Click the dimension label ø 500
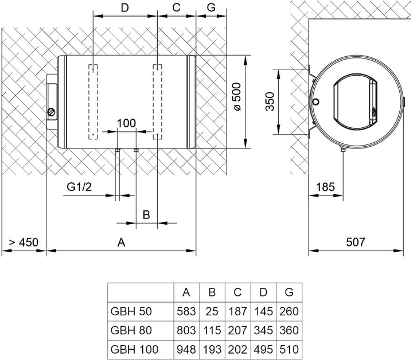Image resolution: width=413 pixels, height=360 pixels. [237, 96]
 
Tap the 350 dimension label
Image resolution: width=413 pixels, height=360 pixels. [270, 101]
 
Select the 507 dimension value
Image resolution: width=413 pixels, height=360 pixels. [355, 242]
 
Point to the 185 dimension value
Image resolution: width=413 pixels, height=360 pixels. [325, 187]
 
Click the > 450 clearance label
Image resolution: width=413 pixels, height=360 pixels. [24, 242]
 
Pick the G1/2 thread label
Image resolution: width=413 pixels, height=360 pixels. [79, 187]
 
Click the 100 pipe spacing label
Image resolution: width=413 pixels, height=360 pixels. [126, 123]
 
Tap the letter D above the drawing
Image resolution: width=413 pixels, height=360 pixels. [124, 8]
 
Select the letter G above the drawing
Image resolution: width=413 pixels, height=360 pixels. [211, 7]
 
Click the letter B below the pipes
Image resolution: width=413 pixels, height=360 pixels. [146, 215]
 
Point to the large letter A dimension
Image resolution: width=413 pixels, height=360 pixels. [121, 242]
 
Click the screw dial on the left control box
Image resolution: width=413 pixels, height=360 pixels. [52, 112]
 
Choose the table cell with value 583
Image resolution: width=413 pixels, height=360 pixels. [186, 311]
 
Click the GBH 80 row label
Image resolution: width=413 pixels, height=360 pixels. [131, 330]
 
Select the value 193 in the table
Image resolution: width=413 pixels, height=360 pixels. [212, 349]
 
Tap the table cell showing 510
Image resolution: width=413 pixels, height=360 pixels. [289, 349]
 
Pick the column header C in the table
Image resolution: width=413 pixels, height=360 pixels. [237, 292]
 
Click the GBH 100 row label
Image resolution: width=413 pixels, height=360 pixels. [134, 349]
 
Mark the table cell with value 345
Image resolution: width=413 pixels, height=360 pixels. [263, 330]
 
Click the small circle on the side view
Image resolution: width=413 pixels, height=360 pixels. [316, 101]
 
